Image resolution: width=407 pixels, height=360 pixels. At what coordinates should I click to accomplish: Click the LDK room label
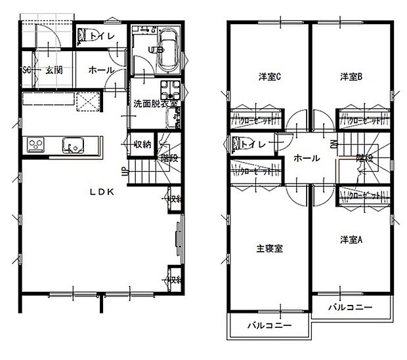click(103, 192)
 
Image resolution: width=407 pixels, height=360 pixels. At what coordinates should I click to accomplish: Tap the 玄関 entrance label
click(54, 70)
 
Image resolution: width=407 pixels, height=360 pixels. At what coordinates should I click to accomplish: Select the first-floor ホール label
click(100, 70)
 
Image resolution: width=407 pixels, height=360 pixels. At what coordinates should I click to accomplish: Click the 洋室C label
click(268, 77)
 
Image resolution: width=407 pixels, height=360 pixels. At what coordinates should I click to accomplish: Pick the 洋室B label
click(351, 77)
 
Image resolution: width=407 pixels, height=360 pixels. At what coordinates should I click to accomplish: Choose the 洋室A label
click(351, 239)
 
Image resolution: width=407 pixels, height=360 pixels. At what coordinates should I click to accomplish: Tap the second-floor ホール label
click(307, 158)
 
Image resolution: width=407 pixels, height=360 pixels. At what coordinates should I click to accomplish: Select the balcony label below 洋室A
click(350, 307)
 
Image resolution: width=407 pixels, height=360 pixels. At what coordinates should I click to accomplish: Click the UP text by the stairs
click(124, 172)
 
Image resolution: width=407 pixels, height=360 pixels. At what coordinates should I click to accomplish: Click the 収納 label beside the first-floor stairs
click(142, 144)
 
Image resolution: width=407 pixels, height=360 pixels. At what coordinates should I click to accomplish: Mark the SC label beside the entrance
click(27, 70)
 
